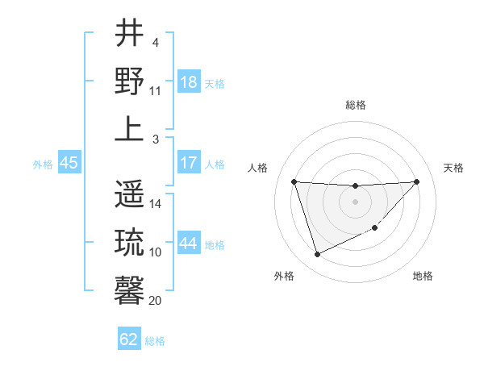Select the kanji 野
click(x=130, y=81)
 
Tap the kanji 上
click(x=130, y=129)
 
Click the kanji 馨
click(x=130, y=289)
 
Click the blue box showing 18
click(x=189, y=82)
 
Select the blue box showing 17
click(x=189, y=163)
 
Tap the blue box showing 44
click(x=189, y=244)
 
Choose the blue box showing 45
click(x=69, y=163)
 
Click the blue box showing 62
click(x=129, y=339)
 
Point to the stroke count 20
click(x=156, y=300)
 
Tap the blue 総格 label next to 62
click(x=155, y=340)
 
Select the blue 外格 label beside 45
click(x=43, y=164)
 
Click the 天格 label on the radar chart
click(x=453, y=168)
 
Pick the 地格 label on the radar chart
click(x=423, y=276)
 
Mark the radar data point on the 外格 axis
click(x=317, y=255)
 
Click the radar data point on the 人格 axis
click(x=294, y=181)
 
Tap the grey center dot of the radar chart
click(x=355, y=202)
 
